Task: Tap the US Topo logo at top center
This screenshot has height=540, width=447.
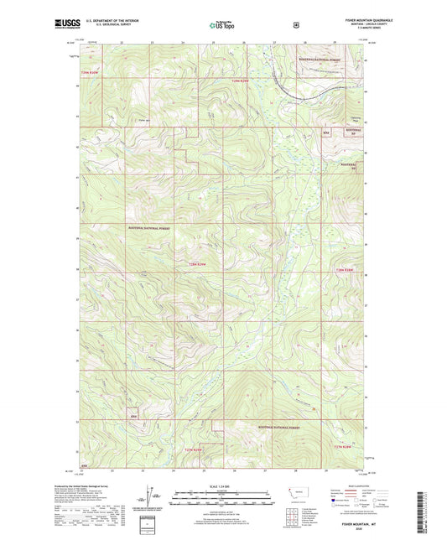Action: point(222,26)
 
